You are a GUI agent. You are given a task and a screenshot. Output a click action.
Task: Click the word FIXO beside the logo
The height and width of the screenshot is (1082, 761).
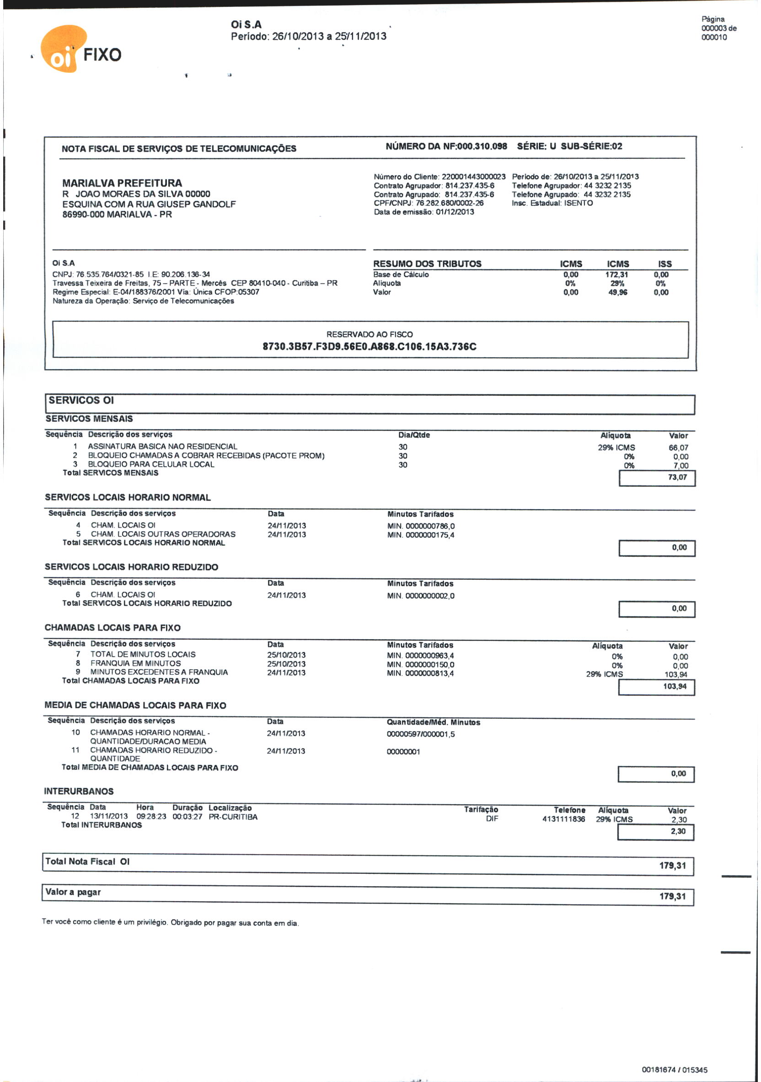click(102, 54)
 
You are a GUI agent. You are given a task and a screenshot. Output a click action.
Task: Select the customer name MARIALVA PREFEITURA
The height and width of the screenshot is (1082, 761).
click(122, 183)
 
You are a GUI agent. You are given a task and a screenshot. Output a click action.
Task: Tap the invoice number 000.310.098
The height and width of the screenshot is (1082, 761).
click(482, 146)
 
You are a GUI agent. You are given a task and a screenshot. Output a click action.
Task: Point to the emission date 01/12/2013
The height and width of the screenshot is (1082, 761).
click(455, 212)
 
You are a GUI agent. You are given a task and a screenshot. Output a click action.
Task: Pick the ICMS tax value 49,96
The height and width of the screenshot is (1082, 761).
click(617, 293)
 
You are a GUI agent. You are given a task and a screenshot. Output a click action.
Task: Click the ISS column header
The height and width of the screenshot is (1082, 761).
click(665, 264)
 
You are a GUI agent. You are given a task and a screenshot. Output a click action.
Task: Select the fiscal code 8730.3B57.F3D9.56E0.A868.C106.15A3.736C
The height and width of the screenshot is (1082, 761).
click(370, 347)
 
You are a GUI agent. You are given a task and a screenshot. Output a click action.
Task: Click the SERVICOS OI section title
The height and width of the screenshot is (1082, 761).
click(81, 401)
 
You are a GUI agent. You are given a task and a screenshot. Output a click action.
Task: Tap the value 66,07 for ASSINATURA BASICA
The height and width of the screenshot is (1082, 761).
click(678, 448)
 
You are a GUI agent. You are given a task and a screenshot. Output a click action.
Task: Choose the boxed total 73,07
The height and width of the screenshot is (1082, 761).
click(677, 477)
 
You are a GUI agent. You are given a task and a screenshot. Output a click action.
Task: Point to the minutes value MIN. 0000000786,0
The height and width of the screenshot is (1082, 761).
click(421, 526)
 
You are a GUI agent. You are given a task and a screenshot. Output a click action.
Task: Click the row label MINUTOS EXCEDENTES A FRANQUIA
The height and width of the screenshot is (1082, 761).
click(159, 672)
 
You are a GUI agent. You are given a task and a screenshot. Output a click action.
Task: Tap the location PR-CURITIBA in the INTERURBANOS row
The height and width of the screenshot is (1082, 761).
click(233, 817)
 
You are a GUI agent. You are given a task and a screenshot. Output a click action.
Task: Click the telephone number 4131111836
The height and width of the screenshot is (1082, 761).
click(563, 819)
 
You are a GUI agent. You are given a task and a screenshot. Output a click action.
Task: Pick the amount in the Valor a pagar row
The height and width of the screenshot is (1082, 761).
click(672, 896)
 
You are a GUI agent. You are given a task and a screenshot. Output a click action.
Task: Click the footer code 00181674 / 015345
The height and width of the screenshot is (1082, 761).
click(674, 1070)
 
